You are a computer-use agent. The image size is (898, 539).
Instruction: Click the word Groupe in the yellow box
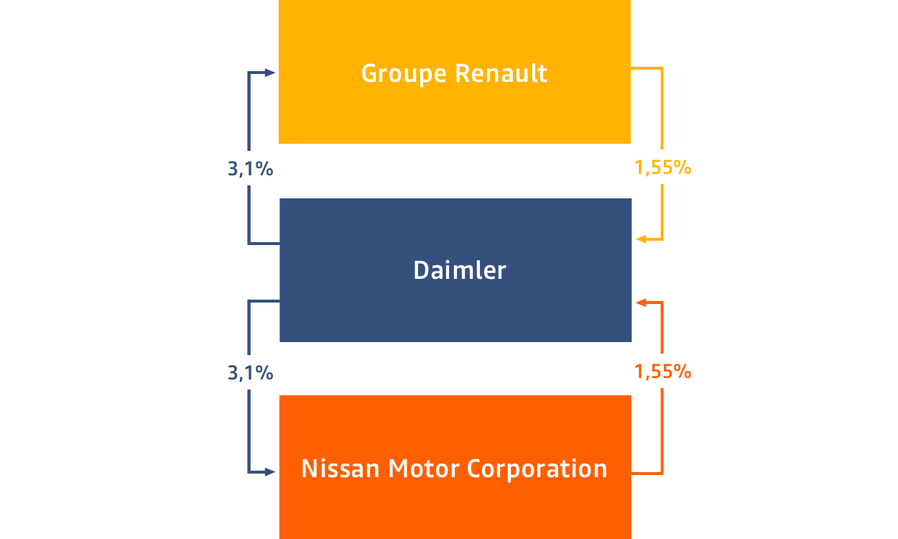tap(404, 74)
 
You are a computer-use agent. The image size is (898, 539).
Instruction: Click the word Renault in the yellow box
tap(501, 73)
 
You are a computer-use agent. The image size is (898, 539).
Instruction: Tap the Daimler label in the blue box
tap(460, 270)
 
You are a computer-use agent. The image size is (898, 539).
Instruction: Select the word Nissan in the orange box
tap(340, 468)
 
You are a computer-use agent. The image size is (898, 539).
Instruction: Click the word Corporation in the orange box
tap(537, 469)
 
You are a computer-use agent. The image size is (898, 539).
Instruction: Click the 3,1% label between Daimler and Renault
tap(251, 169)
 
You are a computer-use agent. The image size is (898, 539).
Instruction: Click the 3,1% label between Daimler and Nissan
tap(251, 373)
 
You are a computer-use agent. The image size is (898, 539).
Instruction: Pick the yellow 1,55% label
tap(663, 167)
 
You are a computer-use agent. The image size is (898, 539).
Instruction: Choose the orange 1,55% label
tap(663, 372)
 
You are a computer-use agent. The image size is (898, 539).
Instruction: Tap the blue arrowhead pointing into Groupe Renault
tap(270, 73)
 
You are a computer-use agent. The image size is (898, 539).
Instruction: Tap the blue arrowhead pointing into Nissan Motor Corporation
tap(270, 472)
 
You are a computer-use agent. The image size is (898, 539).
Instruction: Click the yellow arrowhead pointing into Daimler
tap(641, 239)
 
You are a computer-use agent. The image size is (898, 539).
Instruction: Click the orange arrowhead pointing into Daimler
tap(641, 303)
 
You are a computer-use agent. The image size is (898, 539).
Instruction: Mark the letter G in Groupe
tap(370, 73)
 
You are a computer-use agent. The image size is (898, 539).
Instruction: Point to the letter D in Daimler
tap(421, 270)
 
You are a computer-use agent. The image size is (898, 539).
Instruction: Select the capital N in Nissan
tap(310, 469)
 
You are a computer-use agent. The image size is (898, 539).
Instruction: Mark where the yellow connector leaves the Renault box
tap(631, 68)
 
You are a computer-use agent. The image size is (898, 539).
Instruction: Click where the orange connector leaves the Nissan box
tap(631, 474)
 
